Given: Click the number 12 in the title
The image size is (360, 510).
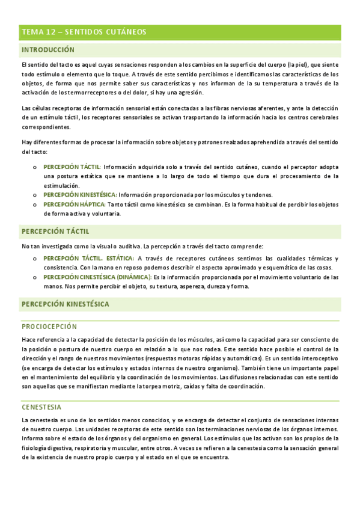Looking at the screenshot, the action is pyautogui.click(x=47, y=32).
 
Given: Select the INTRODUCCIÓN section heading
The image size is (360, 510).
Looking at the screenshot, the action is pyautogui.click(x=48, y=51).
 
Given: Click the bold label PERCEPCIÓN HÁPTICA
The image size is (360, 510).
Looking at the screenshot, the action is pyautogui.click(x=75, y=204).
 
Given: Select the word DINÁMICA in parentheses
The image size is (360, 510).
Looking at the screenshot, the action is pyautogui.click(x=131, y=277).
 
